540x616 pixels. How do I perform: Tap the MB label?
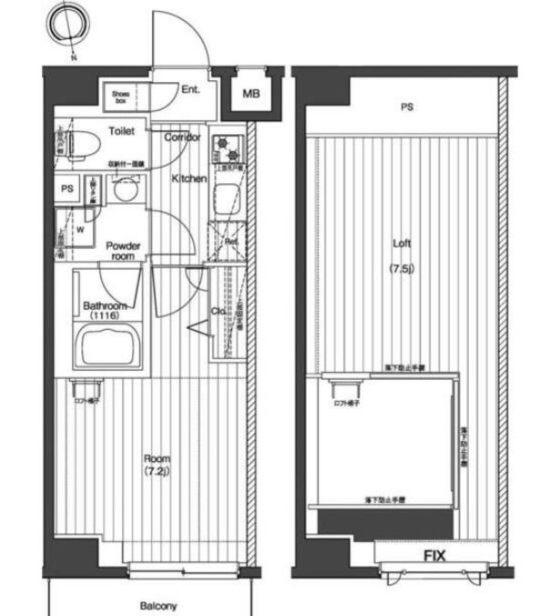click(x=250, y=92)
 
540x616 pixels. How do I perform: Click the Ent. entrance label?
click(x=191, y=89)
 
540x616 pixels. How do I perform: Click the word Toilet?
click(x=121, y=131)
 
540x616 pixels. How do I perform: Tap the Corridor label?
click(x=183, y=137)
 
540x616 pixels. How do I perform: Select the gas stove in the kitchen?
click(x=226, y=146)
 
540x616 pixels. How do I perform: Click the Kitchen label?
click(x=189, y=179)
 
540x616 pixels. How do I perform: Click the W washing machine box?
click(x=79, y=230)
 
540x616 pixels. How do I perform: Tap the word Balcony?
click(x=158, y=605)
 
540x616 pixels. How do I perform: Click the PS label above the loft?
click(x=407, y=108)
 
